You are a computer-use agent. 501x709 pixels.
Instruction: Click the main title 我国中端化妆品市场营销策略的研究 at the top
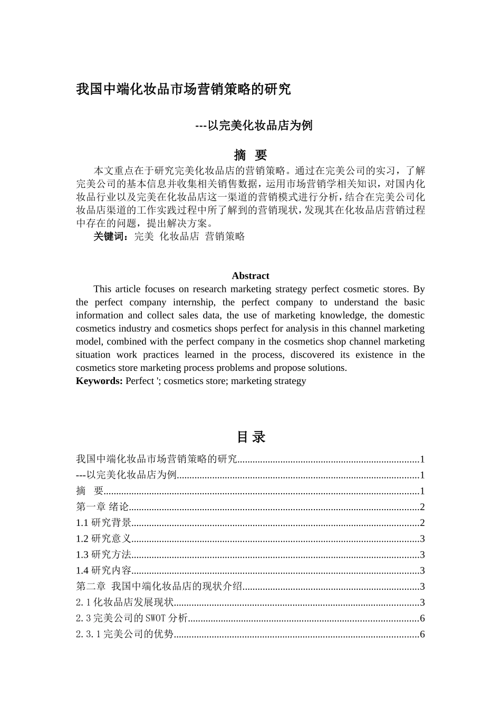click(183, 89)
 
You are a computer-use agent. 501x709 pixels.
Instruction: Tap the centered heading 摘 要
click(250, 155)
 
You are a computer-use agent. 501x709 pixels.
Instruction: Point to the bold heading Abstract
click(250, 276)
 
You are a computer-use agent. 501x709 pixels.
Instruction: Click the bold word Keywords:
click(99, 381)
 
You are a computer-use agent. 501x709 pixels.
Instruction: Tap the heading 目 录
click(250, 437)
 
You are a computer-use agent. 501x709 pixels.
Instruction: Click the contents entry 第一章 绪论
click(102, 507)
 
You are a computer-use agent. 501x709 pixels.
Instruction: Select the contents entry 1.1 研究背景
click(104, 523)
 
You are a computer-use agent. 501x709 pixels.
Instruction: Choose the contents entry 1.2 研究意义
click(104, 539)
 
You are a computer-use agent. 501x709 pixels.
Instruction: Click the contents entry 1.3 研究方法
click(104, 554)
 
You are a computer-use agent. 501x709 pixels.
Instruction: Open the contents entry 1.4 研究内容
click(104, 570)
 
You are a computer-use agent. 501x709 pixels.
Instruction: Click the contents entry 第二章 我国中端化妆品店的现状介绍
click(159, 586)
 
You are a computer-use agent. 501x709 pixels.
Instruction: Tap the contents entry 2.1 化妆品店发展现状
click(124, 602)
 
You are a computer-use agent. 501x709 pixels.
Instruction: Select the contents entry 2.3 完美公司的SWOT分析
click(132, 618)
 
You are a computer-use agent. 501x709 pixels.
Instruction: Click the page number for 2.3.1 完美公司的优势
click(422, 634)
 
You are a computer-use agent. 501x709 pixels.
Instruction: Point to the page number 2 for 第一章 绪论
click(422, 507)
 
